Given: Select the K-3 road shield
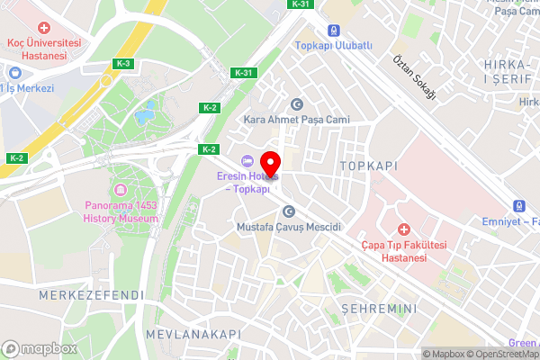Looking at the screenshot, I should coord(123,63).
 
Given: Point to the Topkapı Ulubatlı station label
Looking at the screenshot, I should coord(333,44).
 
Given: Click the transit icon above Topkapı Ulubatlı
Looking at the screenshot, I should coord(333,30).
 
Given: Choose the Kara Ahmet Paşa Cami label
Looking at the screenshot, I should coord(296,119).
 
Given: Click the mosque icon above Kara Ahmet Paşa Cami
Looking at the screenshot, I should coord(297,103).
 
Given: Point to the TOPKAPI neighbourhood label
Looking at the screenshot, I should coord(367,166).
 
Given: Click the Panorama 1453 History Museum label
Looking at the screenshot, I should coord(121,211).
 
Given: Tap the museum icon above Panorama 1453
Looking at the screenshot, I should coord(121,190).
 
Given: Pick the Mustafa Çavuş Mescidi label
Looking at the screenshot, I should coord(289,228).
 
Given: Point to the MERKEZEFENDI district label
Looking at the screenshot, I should coord(79,295).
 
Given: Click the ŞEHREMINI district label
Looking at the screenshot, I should coord(378,309).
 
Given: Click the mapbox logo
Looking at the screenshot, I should coord(39,348).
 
